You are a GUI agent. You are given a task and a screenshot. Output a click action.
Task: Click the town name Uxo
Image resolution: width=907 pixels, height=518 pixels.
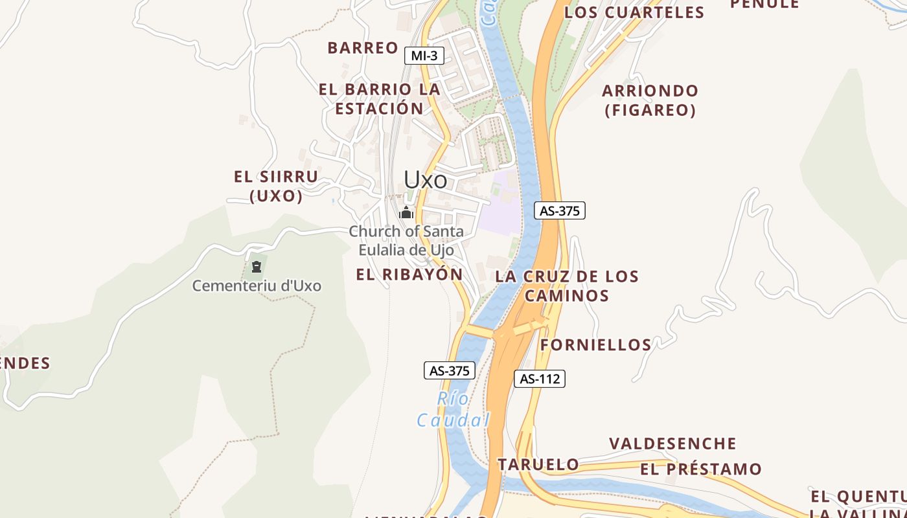tap(426, 179)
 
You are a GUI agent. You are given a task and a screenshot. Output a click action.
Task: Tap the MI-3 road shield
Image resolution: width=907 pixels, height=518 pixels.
tap(424, 56)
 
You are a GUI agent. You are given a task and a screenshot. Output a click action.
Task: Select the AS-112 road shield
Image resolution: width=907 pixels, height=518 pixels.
tap(540, 379)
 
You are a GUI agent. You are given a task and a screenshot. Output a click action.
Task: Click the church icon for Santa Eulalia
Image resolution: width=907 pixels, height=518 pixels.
tap(406, 212)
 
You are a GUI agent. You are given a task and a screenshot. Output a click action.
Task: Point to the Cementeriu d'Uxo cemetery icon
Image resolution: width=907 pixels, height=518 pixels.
tap(257, 266)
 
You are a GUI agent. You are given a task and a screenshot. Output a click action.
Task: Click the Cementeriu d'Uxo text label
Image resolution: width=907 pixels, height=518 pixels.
tap(257, 286)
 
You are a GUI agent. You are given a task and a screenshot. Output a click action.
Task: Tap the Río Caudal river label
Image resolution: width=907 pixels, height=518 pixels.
tap(453, 410)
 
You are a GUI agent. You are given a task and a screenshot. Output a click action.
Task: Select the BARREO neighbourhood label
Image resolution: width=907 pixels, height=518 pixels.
tap(363, 48)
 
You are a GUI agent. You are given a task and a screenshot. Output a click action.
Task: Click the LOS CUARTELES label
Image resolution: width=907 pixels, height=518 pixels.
tap(634, 12)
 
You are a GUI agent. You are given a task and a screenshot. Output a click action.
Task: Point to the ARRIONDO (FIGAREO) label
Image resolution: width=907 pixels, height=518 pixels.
tap(650, 100)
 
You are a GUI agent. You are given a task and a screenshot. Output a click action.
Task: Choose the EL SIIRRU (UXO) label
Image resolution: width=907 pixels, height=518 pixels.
tap(276, 186)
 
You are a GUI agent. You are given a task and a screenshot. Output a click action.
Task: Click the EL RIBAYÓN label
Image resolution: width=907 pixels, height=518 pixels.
tap(409, 275)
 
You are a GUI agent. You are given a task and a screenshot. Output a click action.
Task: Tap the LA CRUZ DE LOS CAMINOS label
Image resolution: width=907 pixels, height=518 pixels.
tap(567, 286)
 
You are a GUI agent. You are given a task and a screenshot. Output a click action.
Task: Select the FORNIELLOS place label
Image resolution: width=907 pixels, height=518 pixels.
tap(595, 344)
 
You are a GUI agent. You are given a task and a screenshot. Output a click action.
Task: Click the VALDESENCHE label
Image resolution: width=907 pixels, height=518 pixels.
tap(672, 444)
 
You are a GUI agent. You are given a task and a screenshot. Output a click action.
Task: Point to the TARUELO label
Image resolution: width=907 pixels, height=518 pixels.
tap(538, 464)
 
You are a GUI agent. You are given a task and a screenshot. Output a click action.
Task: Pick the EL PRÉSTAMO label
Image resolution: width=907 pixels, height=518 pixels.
tap(700, 469)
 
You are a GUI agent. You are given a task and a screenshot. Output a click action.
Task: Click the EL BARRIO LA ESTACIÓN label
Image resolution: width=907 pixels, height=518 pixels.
tap(380, 99)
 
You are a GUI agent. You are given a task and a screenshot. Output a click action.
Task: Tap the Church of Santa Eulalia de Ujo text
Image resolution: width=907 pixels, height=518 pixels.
tap(406, 240)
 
